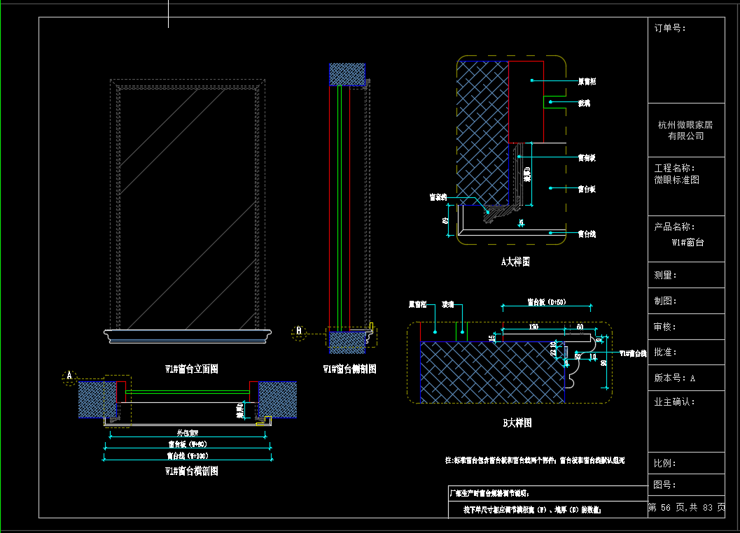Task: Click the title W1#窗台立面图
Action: pos(191,369)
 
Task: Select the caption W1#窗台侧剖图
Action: pos(349,369)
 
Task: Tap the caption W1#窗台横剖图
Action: pos(191,471)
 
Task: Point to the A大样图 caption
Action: pos(515,262)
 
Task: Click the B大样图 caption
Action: pos(517,423)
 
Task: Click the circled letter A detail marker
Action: pos(69,376)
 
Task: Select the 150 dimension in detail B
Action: pos(533,327)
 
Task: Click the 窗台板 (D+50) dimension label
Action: pos(546,303)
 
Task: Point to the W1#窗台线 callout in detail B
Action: pos(632,354)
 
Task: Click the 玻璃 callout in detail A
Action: pos(583,103)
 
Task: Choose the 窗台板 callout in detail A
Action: pos(586,189)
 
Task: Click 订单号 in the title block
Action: pos(669,29)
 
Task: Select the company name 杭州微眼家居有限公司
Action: pos(685,130)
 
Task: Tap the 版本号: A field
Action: pos(674,378)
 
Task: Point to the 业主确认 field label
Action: pos(674,402)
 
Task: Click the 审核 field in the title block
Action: pos(665,327)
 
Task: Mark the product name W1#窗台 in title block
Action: pos(687,243)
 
